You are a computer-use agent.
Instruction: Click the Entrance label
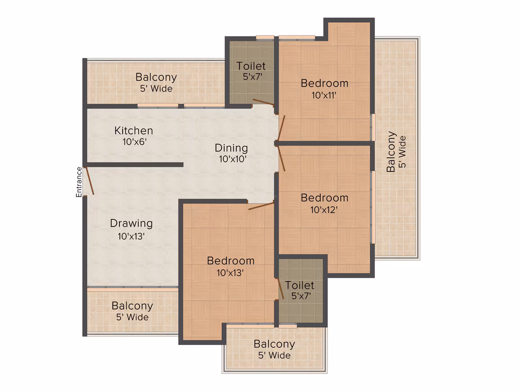[x=79, y=182]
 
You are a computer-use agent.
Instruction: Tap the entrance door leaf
[x=90, y=181]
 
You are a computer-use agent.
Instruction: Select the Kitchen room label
[x=133, y=131]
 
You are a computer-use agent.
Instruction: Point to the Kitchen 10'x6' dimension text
[x=134, y=142]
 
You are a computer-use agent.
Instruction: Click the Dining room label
[x=231, y=148]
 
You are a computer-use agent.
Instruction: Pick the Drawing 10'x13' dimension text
[x=131, y=236]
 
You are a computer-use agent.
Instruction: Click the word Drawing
[x=131, y=223]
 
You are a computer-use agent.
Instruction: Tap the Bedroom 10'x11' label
[x=324, y=89]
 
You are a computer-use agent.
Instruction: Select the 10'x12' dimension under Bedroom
[x=324, y=210]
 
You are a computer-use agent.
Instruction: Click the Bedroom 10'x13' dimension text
[x=230, y=273]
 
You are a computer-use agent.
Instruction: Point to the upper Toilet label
[x=251, y=66]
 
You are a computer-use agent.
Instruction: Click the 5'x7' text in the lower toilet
[x=301, y=296]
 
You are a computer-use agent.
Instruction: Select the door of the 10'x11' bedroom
[x=281, y=128]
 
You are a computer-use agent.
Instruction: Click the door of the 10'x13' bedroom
[x=261, y=206]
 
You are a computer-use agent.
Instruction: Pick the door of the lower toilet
[x=281, y=289]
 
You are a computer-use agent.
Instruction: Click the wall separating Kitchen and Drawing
[x=135, y=164]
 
